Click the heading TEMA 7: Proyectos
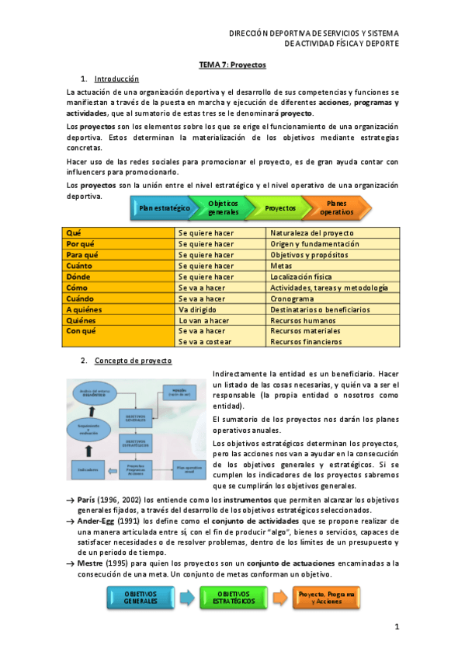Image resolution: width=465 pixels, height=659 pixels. point(232,66)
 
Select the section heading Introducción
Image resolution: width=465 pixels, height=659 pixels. point(116,79)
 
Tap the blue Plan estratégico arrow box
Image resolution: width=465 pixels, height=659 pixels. point(164,208)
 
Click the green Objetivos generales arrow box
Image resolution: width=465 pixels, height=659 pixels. point(223,208)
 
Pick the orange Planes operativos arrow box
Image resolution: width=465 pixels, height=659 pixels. point(336,208)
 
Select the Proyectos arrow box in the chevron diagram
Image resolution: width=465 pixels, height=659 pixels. point(280,208)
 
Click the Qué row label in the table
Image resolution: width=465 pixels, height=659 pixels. point(75,233)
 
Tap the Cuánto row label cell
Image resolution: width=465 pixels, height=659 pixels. point(80,266)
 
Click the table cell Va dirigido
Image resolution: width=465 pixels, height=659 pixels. point(199,309)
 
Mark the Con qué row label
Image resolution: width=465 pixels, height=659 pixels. point(81,331)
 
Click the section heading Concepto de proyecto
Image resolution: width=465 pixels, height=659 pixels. point(133,361)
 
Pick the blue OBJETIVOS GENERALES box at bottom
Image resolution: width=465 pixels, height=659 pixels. point(141,598)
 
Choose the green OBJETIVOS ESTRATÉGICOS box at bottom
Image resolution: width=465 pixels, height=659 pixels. point(233,598)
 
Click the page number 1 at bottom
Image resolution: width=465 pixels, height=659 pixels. point(396,627)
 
